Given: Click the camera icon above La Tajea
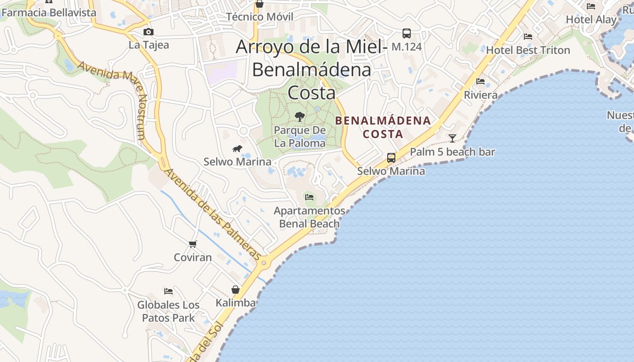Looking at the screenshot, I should point(148,32).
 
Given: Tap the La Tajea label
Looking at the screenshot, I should point(149,45).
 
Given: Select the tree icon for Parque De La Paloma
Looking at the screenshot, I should point(299,117).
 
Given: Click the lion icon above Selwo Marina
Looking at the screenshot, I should point(237,148).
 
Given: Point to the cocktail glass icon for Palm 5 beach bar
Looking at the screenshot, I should point(452,138).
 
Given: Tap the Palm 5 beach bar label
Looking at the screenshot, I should point(452,152).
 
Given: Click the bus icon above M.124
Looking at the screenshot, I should point(407,33).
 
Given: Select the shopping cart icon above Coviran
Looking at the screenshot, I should point(193,244).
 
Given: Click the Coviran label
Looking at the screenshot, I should point(193,257).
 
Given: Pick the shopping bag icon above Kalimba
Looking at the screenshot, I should point(235,290).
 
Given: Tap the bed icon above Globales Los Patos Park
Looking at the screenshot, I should point(168,291).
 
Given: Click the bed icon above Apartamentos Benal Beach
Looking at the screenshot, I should point(309,197).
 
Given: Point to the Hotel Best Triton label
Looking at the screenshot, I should point(528,50).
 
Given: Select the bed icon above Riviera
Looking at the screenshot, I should point(480,81).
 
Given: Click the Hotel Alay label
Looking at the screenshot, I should point(591,19).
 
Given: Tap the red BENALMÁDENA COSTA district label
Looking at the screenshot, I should point(383,127).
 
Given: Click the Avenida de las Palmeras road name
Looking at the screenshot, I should point(212,214).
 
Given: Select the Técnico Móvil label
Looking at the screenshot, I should point(259,17).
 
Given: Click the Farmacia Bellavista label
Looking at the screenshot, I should point(49,13).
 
